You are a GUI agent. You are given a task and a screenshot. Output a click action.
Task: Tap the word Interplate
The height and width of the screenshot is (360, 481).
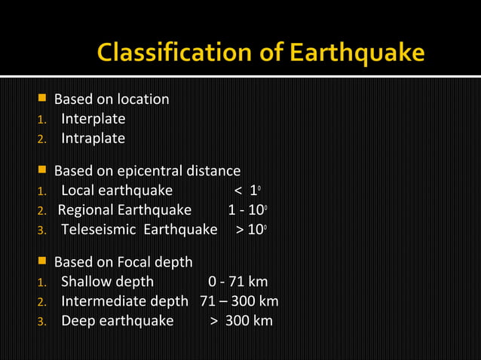(x=93, y=119)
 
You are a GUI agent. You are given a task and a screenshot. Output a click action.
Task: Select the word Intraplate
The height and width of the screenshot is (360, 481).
(x=93, y=139)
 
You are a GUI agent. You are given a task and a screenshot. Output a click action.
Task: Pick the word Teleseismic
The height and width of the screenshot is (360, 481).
(x=98, y=230)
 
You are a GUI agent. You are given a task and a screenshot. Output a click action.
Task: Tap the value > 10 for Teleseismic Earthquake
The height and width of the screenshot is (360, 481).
(x=250, y=230)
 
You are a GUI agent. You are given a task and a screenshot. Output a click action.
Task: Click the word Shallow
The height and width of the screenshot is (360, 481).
(x=85, y=282)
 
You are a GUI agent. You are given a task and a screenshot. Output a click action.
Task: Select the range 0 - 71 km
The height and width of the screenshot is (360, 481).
(x=237, y=282)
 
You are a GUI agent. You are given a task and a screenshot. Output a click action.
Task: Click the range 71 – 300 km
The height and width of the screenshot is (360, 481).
(x=239, y=301)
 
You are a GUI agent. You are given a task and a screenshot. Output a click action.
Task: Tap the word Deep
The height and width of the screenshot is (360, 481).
(x=78, y=321)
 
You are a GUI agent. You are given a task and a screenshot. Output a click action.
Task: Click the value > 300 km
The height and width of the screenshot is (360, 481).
(x=241, y=321)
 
